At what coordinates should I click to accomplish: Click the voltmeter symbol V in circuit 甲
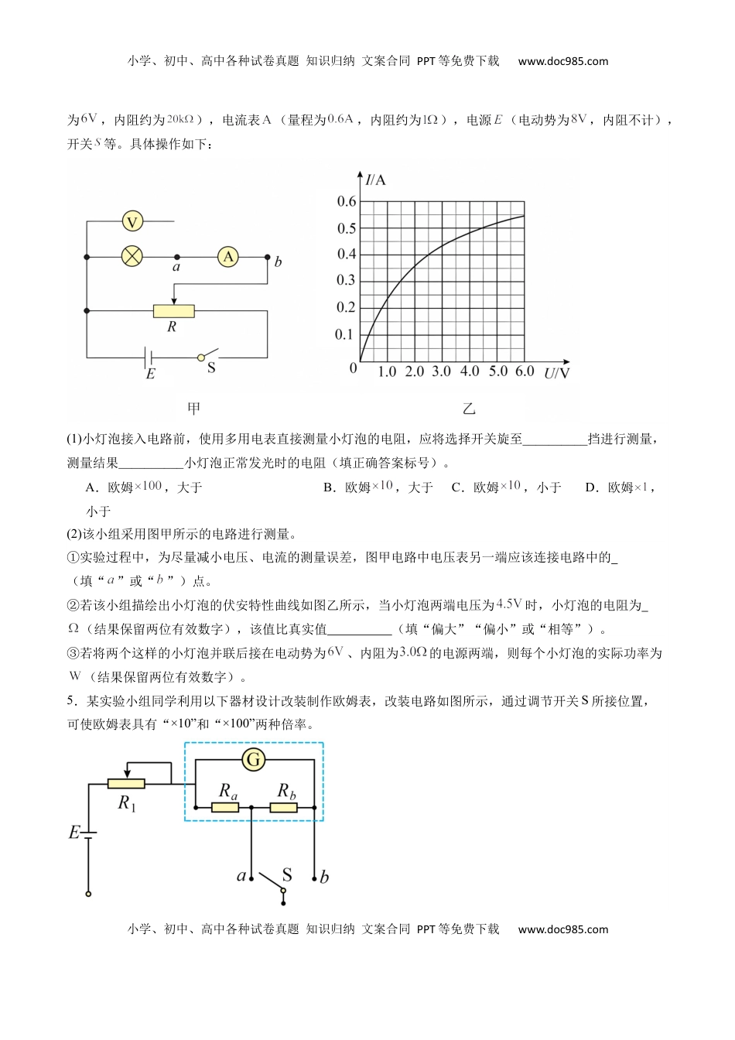click(x=132, y=222)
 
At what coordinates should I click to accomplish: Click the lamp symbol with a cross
click(x=132, y=256)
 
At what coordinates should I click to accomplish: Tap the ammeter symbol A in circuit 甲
click(x=227, y=256)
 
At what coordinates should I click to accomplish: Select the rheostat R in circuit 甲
click(x=173, y=311)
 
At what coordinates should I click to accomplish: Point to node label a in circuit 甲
click(x=176, y=268)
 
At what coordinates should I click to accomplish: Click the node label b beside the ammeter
click(x=278, y=262)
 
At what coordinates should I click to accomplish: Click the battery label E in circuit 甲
click(x=150, y=375)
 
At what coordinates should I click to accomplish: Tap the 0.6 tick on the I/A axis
click(x=346, y=202)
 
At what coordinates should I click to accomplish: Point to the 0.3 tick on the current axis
click(x=346, y=281)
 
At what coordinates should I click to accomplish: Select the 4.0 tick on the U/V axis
click(x=470, y=372)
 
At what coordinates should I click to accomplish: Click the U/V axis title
click(x=556, y=374)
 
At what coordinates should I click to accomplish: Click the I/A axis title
click(x=375, y=180)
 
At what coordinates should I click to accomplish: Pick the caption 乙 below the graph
click(x=469, y=409)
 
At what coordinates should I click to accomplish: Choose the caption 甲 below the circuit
click(x=193, y=409)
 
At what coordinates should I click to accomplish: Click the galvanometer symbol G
click(x=253, y=760)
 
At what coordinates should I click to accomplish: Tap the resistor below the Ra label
click(x=225, y=808)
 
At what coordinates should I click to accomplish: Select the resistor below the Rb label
click(x=284, y=808)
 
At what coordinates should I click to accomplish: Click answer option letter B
click(x=329, y=487)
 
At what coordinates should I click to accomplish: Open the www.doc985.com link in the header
click(x=562, y=61)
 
